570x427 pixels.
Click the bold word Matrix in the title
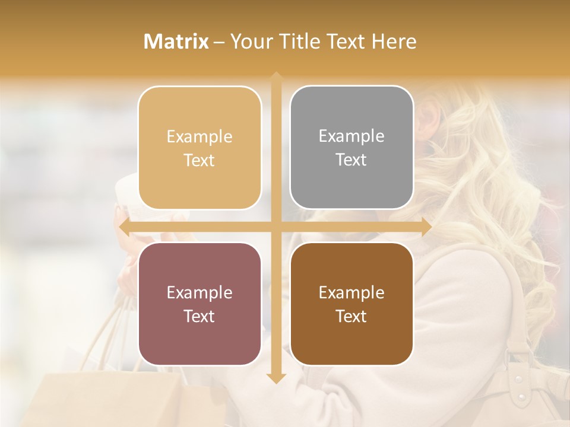pos(176,42)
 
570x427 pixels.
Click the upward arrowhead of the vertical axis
pos(276,78)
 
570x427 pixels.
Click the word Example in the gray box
pos(351,136)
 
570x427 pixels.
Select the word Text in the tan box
pos(199,161)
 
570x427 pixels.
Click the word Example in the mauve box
pos(199,292)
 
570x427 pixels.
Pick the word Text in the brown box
pos(351,316)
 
